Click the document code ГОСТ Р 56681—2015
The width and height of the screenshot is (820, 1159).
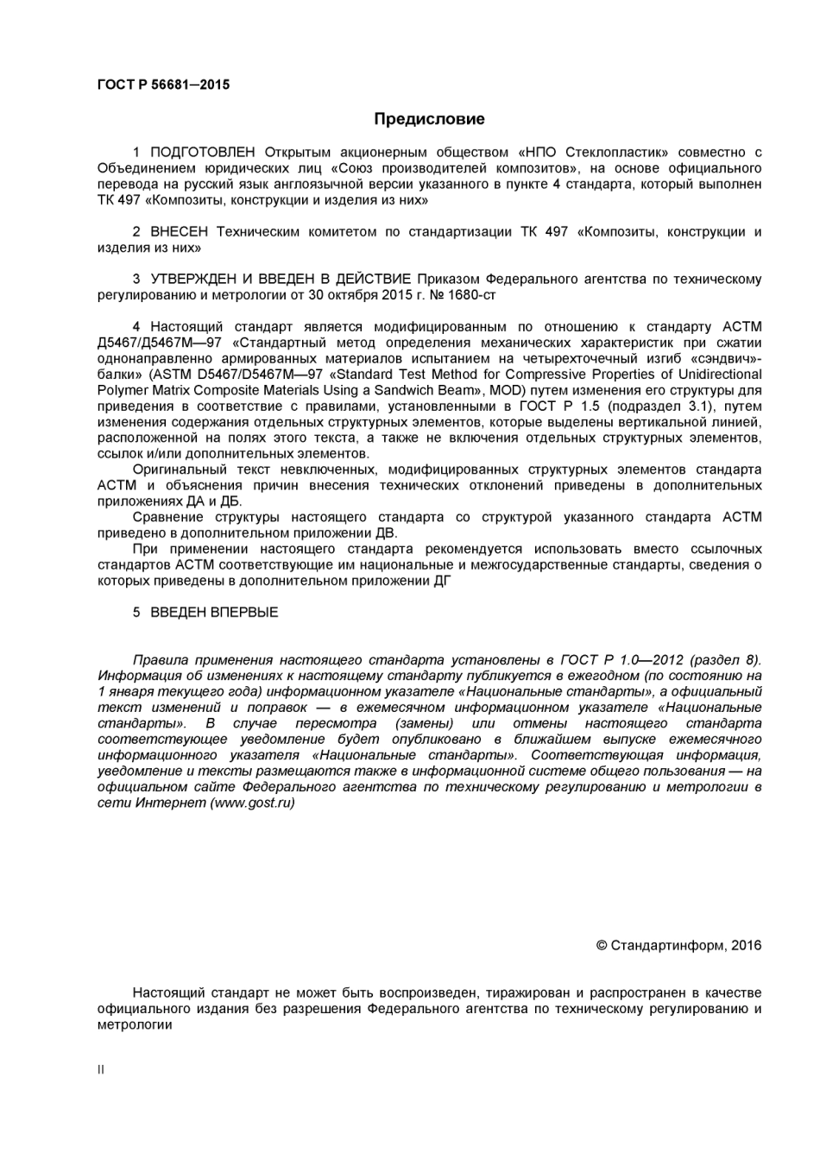click(163, 85)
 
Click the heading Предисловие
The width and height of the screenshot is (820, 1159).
click(429, 119)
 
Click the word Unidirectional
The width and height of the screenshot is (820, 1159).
click(720, 375)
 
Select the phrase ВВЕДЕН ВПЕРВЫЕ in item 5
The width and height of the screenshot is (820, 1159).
click(214, 612)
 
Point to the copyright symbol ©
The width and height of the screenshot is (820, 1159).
click(602, 945)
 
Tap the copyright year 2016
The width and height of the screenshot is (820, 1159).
click(746, 945)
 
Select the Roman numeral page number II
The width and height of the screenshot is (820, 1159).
click(101, 1069)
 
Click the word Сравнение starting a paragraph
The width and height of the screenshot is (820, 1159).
click(168, 517)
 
